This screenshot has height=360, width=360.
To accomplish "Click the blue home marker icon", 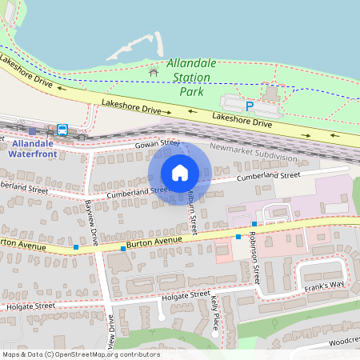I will pos(180,173).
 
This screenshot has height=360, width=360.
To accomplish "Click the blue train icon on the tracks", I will pos(62,130).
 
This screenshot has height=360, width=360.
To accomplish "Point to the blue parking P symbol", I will pos(250,106).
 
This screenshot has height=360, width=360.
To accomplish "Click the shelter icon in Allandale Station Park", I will pos(154,73).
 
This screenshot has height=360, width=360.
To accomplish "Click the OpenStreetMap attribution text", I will pos(80,354).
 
